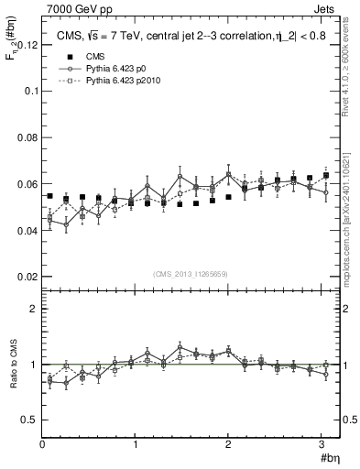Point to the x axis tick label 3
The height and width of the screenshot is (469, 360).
tap(322, 444)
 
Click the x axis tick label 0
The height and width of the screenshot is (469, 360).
tap(42, 444)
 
